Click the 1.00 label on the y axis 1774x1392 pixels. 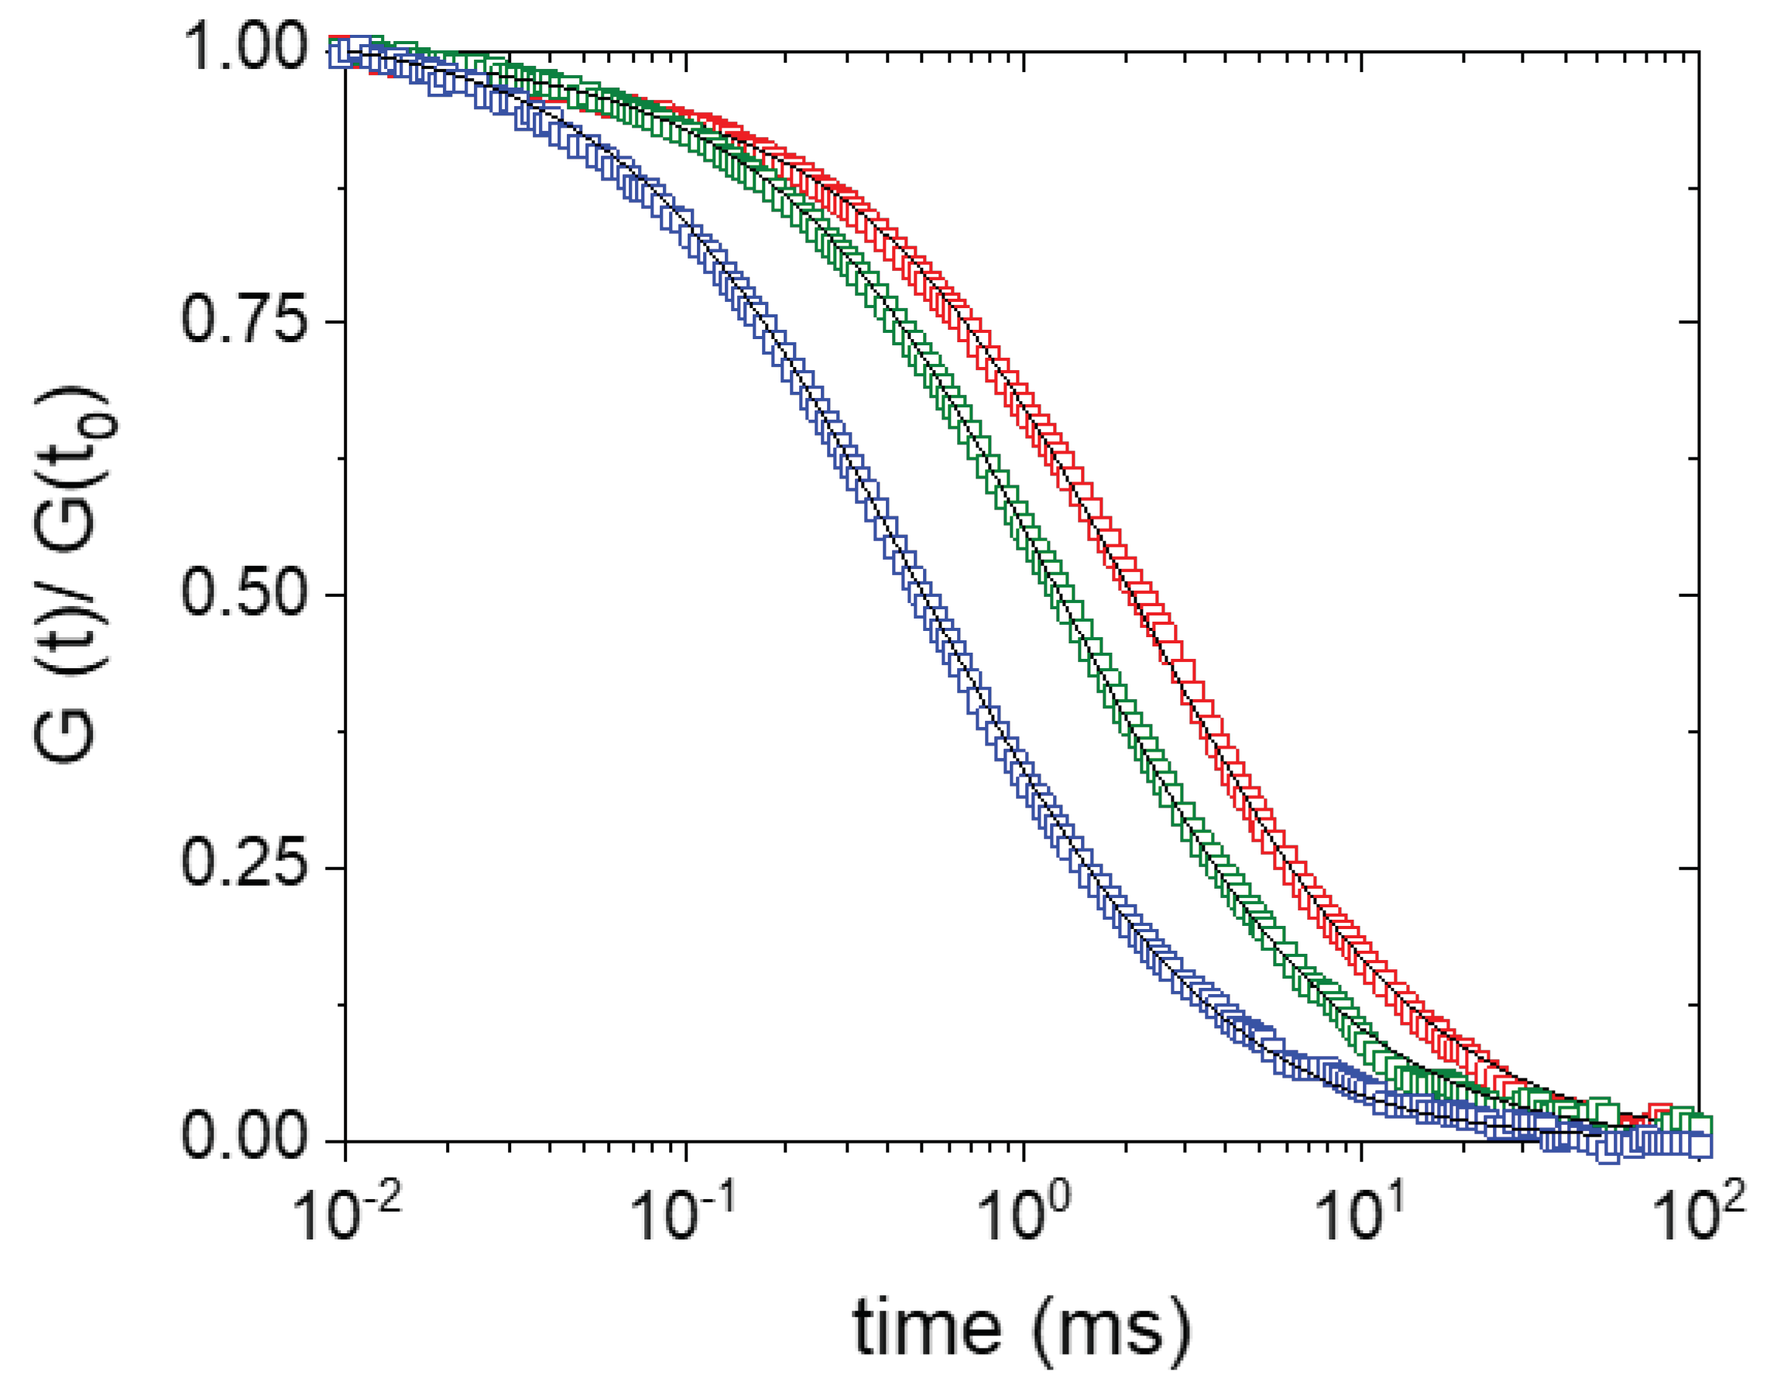tap(243, 50)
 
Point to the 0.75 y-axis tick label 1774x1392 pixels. tap(243, 322)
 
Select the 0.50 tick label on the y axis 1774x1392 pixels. tap(243, 594)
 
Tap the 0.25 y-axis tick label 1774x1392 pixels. tap(243, 866)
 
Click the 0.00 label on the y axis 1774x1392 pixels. tap(243, 1139)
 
